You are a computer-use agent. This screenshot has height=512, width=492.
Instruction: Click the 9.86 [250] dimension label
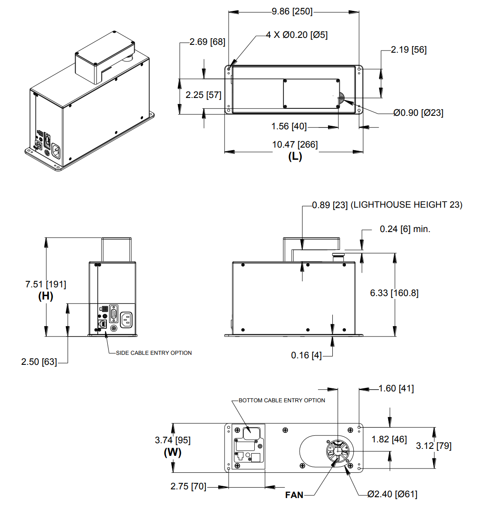(x=292, y=11)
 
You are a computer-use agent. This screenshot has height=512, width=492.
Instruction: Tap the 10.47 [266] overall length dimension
(x=295, y=145)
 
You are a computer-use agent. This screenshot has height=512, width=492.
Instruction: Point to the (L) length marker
(x=295, y=156)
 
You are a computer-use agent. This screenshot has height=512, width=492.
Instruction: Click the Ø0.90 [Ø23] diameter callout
(x=418, y=113)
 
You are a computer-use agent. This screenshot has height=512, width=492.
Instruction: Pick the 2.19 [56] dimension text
(x=409, y=50)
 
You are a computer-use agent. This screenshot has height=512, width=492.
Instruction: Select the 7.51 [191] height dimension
(x=46, y=284)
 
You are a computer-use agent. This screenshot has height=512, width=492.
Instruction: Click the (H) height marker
(x=46, y=296)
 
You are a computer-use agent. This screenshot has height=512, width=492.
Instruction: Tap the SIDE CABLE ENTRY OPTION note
(x=154, y=353)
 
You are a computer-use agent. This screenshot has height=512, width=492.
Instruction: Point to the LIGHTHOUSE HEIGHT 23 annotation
(x=407, y=205)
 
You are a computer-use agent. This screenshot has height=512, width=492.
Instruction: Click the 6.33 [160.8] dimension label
(x=394, y=293)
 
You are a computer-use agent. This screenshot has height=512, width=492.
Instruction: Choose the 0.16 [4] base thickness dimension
(x=306, y=355)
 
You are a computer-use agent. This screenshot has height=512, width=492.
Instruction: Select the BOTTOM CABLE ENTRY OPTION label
(x=282, y=401)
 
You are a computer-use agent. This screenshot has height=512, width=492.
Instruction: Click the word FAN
(x=294, y=495)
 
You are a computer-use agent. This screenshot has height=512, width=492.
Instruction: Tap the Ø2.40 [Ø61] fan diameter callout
(x=392, y=494)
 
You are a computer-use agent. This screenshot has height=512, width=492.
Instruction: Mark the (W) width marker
(x=173, y=452)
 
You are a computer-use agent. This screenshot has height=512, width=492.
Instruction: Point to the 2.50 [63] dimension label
(x=39, y=362)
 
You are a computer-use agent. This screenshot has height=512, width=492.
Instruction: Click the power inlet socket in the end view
(x=126, y=320)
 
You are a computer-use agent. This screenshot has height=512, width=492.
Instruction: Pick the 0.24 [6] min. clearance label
(x=405, y=229)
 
